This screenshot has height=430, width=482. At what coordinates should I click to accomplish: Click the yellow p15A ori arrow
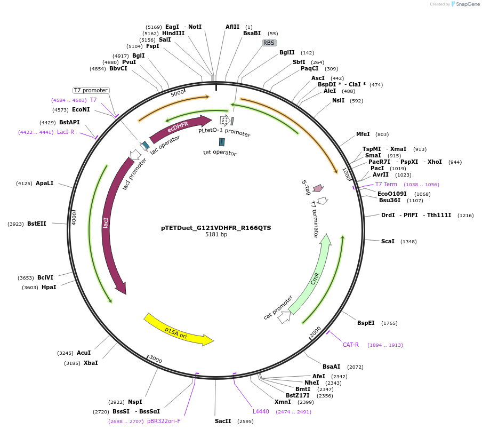pos(179,330)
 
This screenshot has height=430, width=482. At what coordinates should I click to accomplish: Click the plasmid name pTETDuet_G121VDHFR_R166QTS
pos(216,228)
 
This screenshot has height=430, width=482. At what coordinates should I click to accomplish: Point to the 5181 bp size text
pos(216,235)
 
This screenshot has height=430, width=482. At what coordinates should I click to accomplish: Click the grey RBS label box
pos(269,43)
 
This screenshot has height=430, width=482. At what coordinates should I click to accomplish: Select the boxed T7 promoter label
pos(91,90)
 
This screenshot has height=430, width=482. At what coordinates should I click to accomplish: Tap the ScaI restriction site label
pos(388,242)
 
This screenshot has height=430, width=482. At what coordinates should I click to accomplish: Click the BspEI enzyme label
pos(366,323)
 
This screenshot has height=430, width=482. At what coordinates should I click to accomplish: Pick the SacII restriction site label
pos(223,421)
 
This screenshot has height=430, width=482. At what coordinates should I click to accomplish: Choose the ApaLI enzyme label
pos(44,184)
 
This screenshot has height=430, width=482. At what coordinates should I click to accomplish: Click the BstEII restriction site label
pos(36,224)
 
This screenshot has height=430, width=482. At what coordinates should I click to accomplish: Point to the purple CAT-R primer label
pos(350,345)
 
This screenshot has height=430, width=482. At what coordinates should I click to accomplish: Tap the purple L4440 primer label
pos(261,411)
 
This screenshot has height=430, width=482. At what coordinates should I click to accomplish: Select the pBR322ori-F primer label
pos(164,421)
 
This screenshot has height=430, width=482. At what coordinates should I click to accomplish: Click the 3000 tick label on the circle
pos(155,359)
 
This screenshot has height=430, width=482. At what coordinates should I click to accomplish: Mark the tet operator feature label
pos(220,153)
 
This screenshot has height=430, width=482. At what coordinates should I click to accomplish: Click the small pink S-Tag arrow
pos(318,188)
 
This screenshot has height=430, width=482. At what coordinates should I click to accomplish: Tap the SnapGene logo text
pos(467,4)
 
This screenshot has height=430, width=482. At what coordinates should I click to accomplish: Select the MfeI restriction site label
pos(363,134)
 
